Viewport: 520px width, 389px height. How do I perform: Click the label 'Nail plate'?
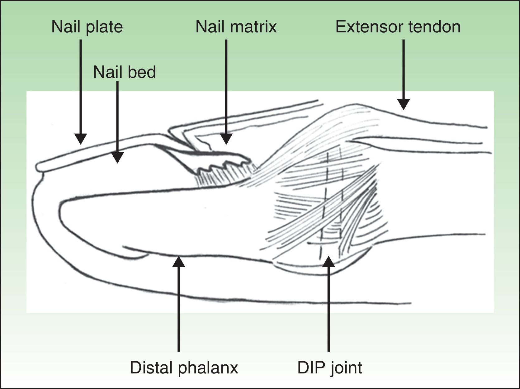pos(87,27)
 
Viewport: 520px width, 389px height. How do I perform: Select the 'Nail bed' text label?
pos(124,72)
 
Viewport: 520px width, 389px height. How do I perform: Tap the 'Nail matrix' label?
pos(236,27)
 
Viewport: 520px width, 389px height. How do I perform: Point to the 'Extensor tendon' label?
pos(398,27)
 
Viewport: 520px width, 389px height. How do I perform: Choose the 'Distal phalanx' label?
pos(184,368)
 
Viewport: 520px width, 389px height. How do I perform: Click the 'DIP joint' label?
pos(329,368)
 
